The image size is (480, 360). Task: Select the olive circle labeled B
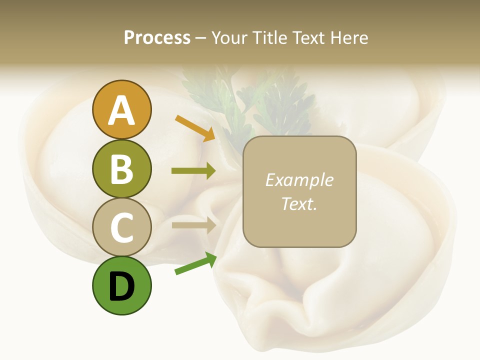(121, 168)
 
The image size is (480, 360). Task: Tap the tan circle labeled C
(121, 227)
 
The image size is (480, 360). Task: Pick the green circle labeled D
(121, 285)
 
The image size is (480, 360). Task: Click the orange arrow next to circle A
(194, 128)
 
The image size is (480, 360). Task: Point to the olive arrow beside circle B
(193, 171)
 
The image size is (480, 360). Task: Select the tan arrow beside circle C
(193, 225)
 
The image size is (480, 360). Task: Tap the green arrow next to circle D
(195, 264)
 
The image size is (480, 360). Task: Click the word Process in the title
(157, 38)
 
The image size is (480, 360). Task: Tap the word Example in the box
(299, 180)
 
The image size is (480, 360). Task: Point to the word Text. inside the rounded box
(299, 203)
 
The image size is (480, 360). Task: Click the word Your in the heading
(228, 38)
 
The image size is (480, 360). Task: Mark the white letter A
(121, 111)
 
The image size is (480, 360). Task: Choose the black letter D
(121, 287)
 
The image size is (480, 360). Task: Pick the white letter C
(121, 228)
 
